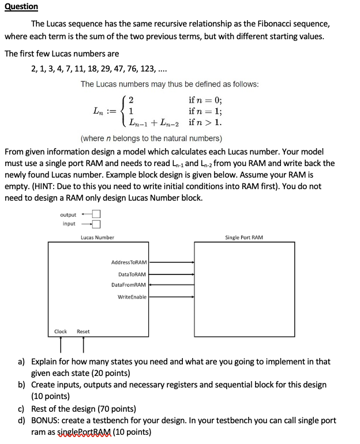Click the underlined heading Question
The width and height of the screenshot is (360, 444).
21,6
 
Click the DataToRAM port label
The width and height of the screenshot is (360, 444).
132,274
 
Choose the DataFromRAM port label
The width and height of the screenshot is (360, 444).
129,285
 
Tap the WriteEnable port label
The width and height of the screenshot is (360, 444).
132,297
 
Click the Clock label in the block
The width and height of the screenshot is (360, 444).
61,332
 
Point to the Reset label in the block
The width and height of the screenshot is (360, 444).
83,332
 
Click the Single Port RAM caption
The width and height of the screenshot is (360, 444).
244,238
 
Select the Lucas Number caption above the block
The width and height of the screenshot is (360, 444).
97,238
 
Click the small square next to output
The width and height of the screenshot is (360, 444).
96,215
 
